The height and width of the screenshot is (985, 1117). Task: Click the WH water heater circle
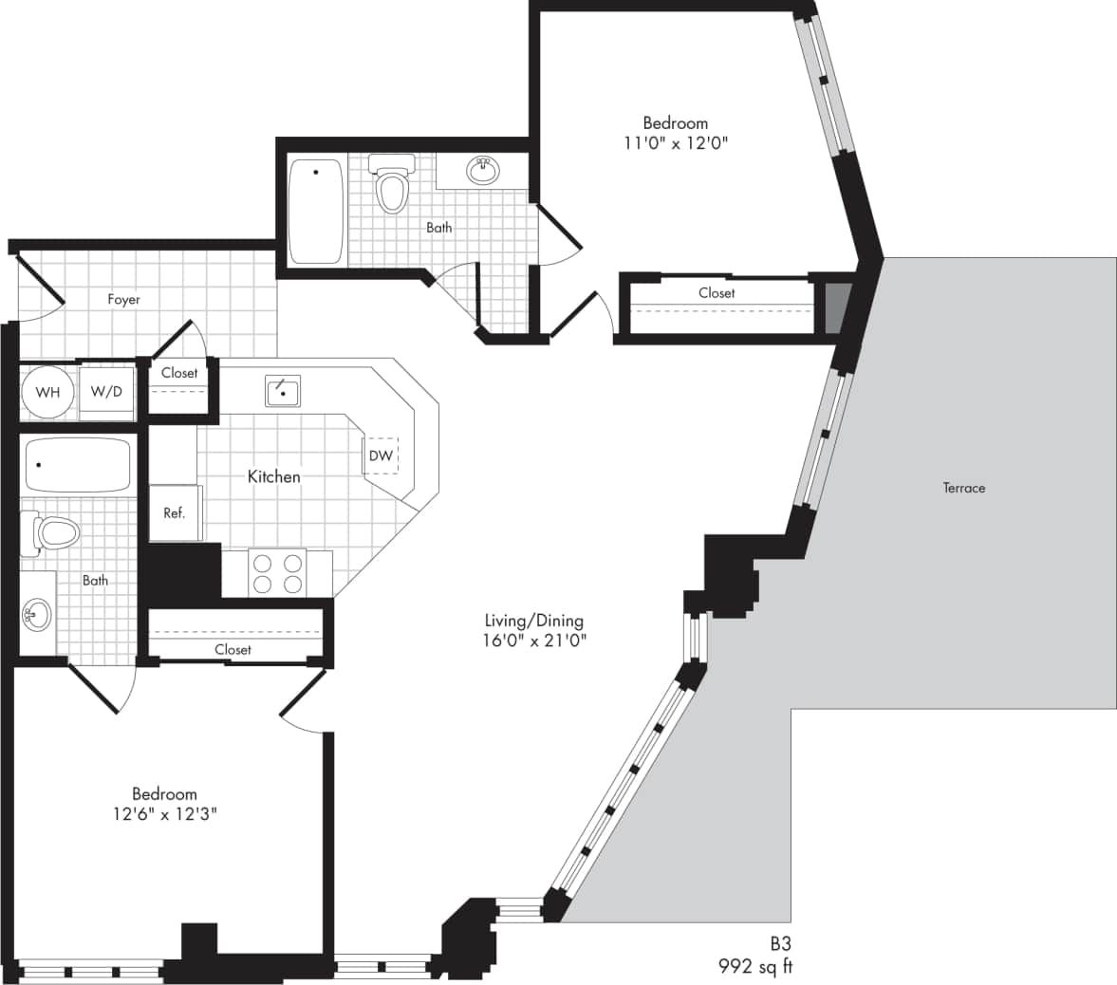pyautogui.click(x=47, y=392)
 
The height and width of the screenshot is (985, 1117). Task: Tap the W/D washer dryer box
pyautogui.click(x=105, y=392)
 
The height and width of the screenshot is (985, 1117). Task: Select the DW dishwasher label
pyautogui.click(x=381, y=455)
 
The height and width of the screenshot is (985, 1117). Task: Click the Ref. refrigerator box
pyautogui.click(x=175, y=512)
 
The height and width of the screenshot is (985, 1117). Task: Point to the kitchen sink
pyautogui.click(x=283, y=390)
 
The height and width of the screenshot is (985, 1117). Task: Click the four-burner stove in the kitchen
pyautogui.click(x=277, y=573)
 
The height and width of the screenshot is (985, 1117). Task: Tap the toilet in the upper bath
pyautogui.click(x=392, y=186)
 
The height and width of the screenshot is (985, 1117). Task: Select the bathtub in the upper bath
pyautogui.click(x=315, y=211)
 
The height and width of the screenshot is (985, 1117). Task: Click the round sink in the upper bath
pyautogui.click(x=483, y=171)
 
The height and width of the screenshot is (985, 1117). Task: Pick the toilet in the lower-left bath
pyautogui.click(x=55, y=533)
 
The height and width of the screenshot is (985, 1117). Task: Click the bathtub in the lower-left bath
pyautogui.click(x=77, y=464)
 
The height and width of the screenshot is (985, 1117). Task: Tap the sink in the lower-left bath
pyautogui.click(x=36, y=615)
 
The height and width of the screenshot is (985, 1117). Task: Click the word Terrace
pyautogui.click(x=963, y=488)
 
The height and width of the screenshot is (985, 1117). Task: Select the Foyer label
pyautogui.click(x=123, y=299)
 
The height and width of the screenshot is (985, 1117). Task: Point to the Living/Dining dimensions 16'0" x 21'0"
pyautogui.click(x=534, y=640)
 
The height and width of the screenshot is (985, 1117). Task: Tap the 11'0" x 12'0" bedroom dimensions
pyautogui.click(x=675, y=142)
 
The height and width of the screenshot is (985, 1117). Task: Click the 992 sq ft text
pyautogui.click(x=754, y=967)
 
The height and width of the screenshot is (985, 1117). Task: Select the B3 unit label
pyautogui.click(x=780, y=944)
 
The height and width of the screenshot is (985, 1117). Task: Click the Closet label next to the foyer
pyautogui.click(x=179, y=373)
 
